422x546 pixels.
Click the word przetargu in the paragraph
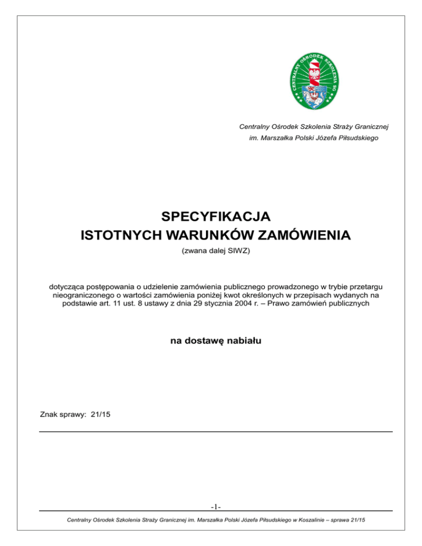click(365, 286)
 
